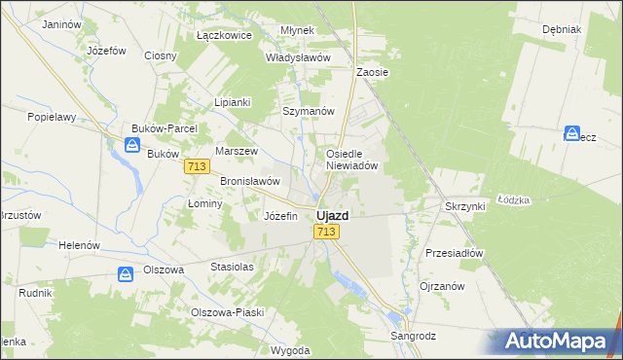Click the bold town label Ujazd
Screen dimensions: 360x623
(x=333, y=215)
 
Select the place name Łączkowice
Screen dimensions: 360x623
(x=224, y=35)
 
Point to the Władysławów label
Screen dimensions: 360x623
(x=299, y=57)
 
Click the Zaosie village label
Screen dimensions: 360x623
(x=373, y=72)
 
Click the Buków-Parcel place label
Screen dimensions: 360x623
(x=165, y=128)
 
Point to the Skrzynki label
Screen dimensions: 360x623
(x=465, y=207)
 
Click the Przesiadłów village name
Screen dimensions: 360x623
(x=455, y=252)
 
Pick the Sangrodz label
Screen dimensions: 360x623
(x=413, y=336)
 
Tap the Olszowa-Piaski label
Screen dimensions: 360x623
(x=227, y=312)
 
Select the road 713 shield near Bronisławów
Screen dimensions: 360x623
(x=197, y=167)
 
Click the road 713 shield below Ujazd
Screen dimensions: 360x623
(x=326, y=232)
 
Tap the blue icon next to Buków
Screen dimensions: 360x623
(x=131, y=146)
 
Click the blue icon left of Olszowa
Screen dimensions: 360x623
(x=126, y=275)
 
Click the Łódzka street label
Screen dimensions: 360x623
(x=513, y=198)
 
